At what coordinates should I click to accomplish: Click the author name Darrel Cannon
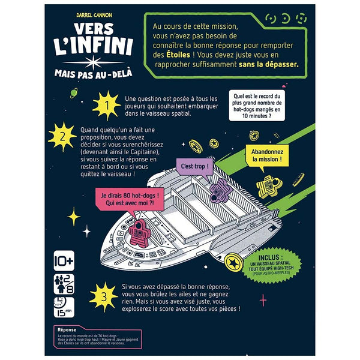click(x=91, y=11)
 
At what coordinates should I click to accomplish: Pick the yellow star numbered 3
click(x=105, y=296)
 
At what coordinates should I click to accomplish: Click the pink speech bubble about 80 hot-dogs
click(x=128, y=197)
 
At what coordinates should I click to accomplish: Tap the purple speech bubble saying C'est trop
click(x=188, y=164)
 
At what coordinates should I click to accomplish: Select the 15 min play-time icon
click(x=64, y=307)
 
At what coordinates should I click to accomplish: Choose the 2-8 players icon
click(x=64, y=284)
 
